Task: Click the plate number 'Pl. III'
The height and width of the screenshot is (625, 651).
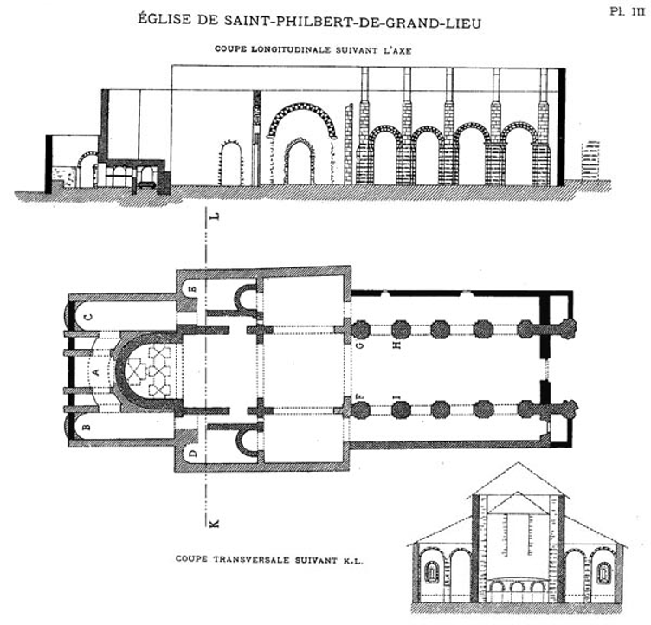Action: click(628, 11)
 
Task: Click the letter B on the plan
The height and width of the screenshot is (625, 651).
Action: click(87, 426)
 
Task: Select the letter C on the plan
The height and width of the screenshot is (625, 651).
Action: click(88, 318)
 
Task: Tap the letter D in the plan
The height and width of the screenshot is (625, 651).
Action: click(193, 453)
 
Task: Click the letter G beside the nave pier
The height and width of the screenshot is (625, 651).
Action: click(360, 344)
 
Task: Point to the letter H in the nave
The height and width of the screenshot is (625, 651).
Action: click(396, 344)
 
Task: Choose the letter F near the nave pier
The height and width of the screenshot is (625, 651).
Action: click(359, 396)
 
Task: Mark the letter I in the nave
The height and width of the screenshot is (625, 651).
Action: click(396, 396)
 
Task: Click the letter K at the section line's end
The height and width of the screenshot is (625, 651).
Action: click(214, 523)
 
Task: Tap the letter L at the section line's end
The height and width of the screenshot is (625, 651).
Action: click(214, 216)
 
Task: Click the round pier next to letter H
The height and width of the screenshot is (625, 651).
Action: click(401, 329)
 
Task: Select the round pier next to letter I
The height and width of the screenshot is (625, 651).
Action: click(401, 409)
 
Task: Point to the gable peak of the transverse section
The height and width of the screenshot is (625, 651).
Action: click(518, 462)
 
